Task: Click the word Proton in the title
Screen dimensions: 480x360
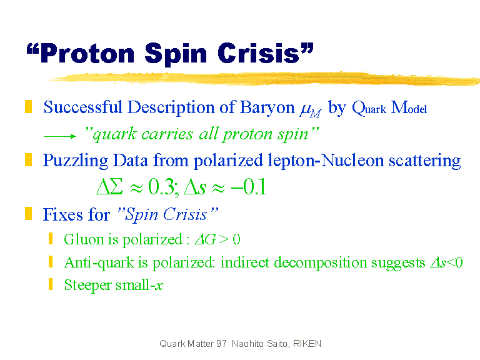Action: pyautogui.click(x=87, y=54)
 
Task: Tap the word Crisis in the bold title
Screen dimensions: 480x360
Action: pyautogui.click(x=258, y=53)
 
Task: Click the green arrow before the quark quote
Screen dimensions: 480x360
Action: pyautogui.click(x=60, y=136)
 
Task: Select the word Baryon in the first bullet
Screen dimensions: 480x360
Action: pyautogui.click(x=267, y=107)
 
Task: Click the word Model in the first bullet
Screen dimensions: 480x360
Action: pyautogui.click(x=409, y=107)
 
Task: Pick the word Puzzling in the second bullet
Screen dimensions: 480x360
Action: pyautogui.click(x=75, y=161)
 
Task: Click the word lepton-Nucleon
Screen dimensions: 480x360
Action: pyautogui.click(x=326, y=161)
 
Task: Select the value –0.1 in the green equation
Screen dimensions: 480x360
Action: pyautogui.click(x=249, y=187)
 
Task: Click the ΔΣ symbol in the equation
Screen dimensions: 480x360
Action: pyautogui.click(x=109, y=186)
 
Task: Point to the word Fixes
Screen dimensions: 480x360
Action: pyautogui.click(x=62, y=214)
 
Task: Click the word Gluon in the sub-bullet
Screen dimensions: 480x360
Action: pyautogui.click(x=84, y=239)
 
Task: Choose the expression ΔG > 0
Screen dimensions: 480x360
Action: pyautogui.click(x=217, y=239)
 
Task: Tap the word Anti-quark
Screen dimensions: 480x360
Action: pyautogui.click(x=99, y=263)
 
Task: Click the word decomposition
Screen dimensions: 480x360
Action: pyautogui.click(x=321, y=263)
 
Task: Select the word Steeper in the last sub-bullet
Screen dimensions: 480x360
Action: pyautogui.click(x=88, y=285)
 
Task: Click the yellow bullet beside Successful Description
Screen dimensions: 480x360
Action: pyautogui.click(x=29, y=106)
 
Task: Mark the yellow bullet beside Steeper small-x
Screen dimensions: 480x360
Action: pyautogui.click(x=51, y=284)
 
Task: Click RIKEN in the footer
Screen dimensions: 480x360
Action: pyautogui.click(x=307, y=344)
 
